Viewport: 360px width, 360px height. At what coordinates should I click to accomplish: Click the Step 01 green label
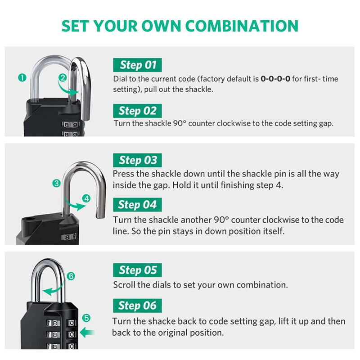tap(137, 65)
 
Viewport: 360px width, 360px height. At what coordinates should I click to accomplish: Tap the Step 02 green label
tap(137, 110)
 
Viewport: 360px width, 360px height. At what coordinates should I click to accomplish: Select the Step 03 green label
tap(137, 160)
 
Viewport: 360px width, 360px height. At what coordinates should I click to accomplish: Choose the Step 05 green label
tap(137, 270)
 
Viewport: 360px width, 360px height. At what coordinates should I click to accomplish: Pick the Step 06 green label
tap(137, 306)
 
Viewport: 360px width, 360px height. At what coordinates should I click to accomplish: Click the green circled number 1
tap(22, 77)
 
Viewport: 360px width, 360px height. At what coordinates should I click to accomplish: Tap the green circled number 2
tap(63, 77)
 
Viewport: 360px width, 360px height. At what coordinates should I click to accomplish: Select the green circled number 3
tap(56, 183)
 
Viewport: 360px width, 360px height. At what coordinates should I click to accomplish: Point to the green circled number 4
tap(86, 198)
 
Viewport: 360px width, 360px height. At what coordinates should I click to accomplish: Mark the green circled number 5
tap(86, 318)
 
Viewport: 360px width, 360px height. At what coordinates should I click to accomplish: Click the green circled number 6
tap(71, 276)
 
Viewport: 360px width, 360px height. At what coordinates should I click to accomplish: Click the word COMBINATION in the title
tap(242, 26)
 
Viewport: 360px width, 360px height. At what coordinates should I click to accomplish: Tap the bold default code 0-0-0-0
tap(275, 79)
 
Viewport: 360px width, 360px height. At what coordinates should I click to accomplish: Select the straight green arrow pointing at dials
tap(87, 333)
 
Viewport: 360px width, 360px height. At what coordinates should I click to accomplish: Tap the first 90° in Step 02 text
tap(180, 123)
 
